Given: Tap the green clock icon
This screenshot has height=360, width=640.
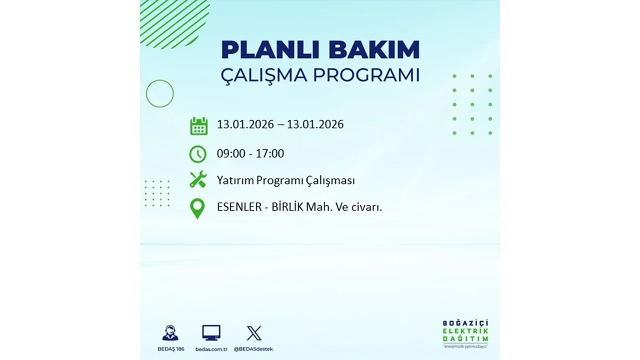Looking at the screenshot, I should tap(198, 154).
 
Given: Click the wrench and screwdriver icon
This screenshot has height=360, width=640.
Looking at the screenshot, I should tap(198, 180).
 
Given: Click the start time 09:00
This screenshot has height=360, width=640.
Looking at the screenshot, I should tap(231, 153).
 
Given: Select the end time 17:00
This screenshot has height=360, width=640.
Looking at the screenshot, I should tap(269, 153).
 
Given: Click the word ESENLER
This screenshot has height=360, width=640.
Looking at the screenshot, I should tap(239, 207).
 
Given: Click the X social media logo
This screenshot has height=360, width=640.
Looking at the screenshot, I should tap(254, 333).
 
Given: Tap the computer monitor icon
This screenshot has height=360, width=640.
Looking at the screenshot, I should tap(211, 332).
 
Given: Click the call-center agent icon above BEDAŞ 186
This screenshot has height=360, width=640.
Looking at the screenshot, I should tap(170, 332).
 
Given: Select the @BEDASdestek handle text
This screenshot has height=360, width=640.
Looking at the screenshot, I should tap(254, 348).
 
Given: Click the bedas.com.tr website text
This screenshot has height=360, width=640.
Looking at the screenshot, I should tap(211, 348).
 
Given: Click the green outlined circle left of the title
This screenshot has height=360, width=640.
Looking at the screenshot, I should tap(160, 93).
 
